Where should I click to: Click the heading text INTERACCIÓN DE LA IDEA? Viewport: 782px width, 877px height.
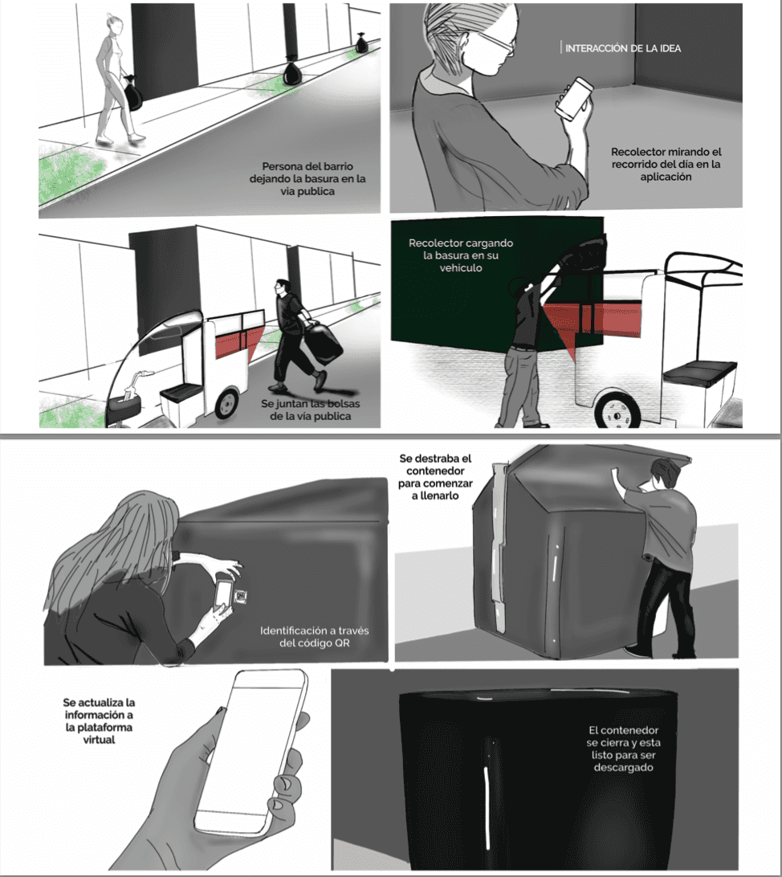[623, 49]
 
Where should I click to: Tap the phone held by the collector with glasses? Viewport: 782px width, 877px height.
[573, 99]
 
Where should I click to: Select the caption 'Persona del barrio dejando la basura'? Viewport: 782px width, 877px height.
[308, 179]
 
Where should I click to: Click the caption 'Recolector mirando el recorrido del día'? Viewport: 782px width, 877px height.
[666, 165]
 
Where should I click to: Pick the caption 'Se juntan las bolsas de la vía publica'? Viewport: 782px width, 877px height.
[310, 410]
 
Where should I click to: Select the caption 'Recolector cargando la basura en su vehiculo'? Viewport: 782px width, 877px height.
[461, 255]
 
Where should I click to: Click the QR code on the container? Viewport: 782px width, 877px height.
[241, 596]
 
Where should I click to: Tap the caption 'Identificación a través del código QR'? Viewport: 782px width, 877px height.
[314, 637]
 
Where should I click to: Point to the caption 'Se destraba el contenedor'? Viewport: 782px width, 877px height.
[435, 477]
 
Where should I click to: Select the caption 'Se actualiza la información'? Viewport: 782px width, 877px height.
[99, 721]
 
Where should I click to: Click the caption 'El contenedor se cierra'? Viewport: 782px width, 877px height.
[623, 749]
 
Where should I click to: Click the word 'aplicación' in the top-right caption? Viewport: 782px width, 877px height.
[666, 177]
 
